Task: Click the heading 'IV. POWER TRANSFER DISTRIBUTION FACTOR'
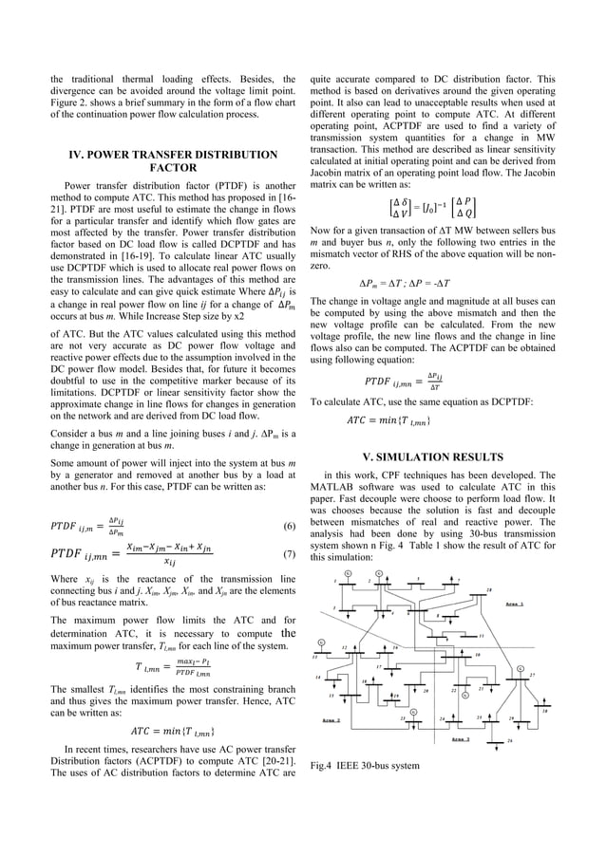click(x=172, y=161)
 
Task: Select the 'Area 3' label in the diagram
click(x=464, y=737)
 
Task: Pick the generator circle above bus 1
click(x=347, y=572)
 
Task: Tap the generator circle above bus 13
click(x=321, y=642)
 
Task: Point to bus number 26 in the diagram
click(x=511, y=740)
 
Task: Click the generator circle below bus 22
click(x=465, y=696)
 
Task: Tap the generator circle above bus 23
click(x=413, y=711)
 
